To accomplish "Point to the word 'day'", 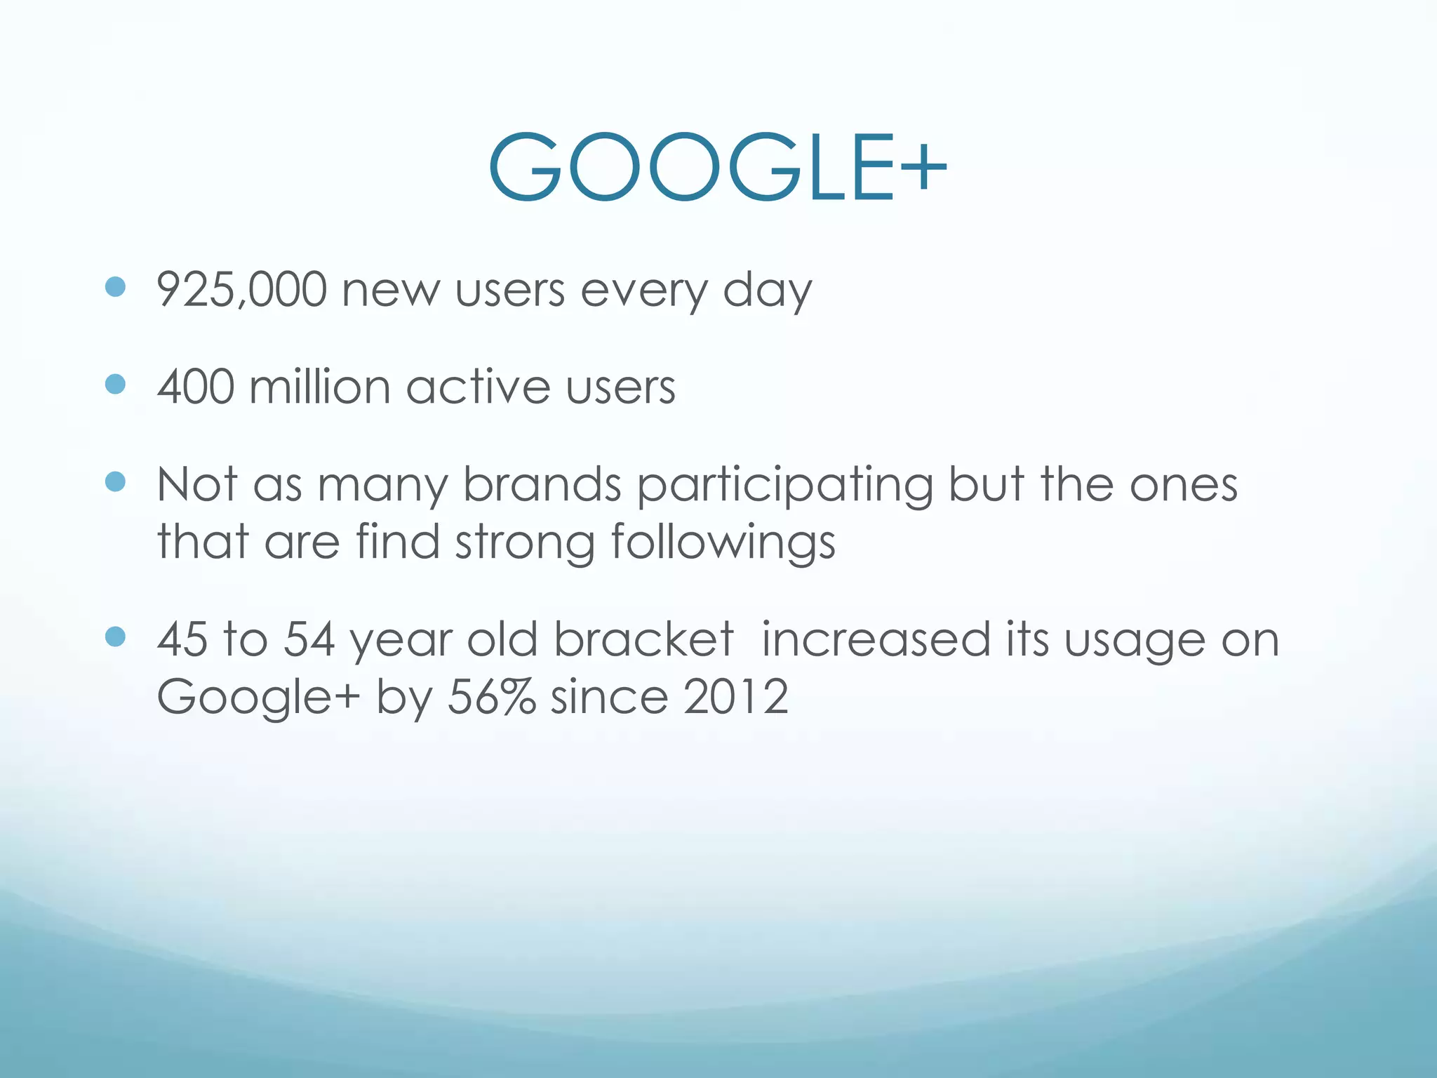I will (x=767, y=291).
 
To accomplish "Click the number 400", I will (x=195, y=387).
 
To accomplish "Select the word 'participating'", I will (x=785, y=486).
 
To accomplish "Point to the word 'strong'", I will (x=525, y=543).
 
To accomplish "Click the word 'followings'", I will (x=723, y=543).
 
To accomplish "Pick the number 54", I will (x=309, y=639).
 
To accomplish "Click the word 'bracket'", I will (x=643, y=639).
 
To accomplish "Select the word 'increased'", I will (x=876, y=639).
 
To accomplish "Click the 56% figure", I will (x=491, y=697).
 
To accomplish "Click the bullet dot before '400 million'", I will (x=115, y=384).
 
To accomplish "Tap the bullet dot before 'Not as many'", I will (x=115, y=481).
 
